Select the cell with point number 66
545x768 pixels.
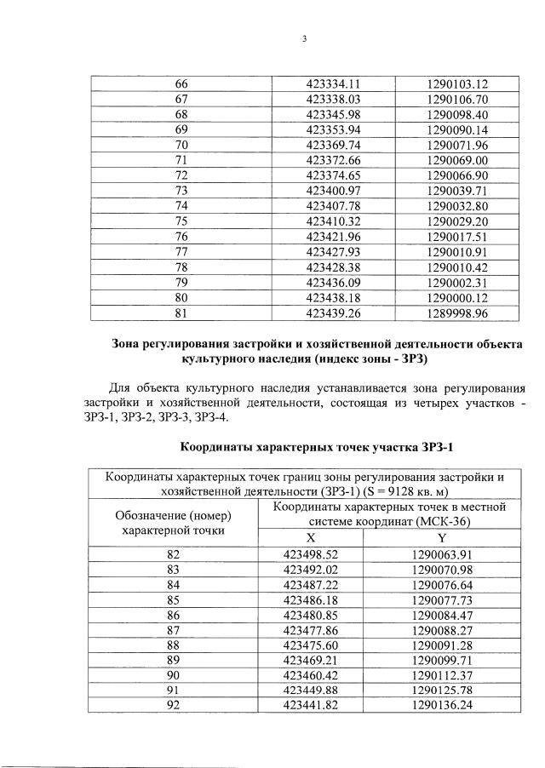181,83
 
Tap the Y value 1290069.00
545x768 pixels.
457,160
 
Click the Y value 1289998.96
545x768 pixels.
457,313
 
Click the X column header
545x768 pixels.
311,538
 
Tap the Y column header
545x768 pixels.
441,538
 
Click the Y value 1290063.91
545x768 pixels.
441,554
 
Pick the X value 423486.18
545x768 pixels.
311,600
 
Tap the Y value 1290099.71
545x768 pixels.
441,662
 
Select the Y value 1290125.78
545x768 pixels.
441,692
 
